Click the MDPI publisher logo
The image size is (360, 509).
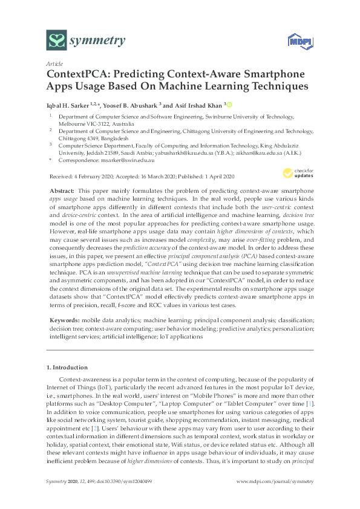coord(295,42)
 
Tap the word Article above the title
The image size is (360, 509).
coord(54,63)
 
